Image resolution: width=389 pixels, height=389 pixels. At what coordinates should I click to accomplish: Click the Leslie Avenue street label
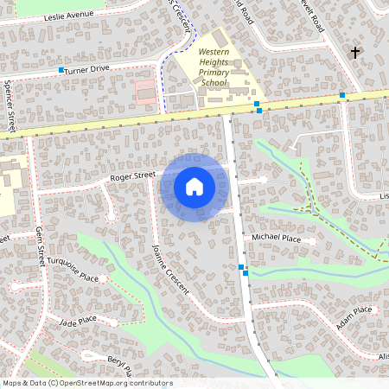[67, 16]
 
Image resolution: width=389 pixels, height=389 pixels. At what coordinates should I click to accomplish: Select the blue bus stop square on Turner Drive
[61, 69]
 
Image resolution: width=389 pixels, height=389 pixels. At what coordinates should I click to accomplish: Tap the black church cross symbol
[354, 53]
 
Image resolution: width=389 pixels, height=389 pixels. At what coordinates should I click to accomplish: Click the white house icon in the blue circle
[194, 187]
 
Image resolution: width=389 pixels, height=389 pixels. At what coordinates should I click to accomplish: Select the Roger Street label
[131, 177]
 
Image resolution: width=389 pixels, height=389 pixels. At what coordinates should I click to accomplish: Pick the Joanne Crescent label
[170, 269]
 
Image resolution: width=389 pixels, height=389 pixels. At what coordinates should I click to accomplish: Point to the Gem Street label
[40, 246]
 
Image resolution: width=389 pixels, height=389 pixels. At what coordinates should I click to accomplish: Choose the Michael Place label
[276, 237]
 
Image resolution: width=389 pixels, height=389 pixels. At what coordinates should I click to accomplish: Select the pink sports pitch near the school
[146, 90]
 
